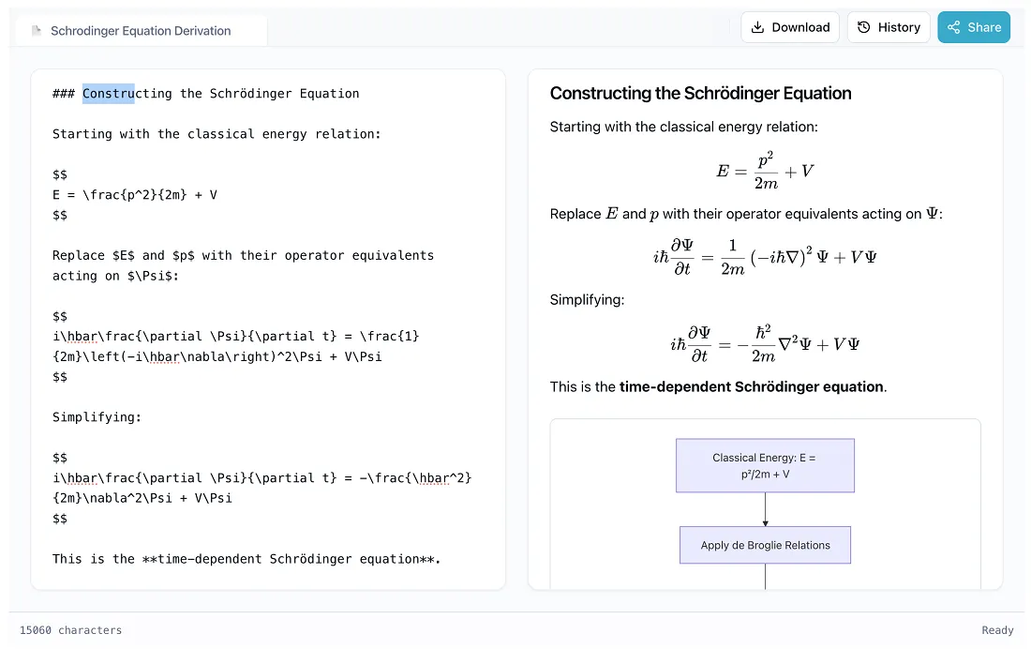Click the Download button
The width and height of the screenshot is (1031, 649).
pos(791,27)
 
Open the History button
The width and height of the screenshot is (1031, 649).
pos(889,27)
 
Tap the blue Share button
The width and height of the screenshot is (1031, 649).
pos(974,27)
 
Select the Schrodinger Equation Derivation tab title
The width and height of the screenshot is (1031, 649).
pos(141,31)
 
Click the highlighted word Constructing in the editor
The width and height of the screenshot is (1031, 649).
pos(109,94)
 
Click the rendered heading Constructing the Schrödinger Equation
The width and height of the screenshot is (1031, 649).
pos(700,93)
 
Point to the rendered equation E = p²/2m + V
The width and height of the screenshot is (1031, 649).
pos(765,171)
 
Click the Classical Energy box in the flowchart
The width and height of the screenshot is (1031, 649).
pos(765,465)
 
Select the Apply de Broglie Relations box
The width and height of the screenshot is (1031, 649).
pos(765,545)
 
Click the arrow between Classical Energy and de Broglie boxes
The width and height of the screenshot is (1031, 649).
pos(766,509)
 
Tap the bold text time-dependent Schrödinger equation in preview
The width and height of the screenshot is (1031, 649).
pos(752,386)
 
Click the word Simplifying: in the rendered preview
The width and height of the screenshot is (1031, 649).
pos(587,300)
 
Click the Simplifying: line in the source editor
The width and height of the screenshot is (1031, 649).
pos(97,417)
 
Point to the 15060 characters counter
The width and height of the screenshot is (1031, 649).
pos(71,630)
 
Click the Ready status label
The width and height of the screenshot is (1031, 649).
pos(997,630)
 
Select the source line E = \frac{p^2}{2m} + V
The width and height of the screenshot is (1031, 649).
pos(135,195)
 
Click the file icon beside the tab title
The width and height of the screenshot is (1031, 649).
pos(37,31)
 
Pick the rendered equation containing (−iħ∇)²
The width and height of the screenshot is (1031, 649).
pos(765,257)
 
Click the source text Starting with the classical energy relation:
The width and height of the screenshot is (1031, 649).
pos(217,134)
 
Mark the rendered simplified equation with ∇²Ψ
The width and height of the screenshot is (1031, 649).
pos(765,343)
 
